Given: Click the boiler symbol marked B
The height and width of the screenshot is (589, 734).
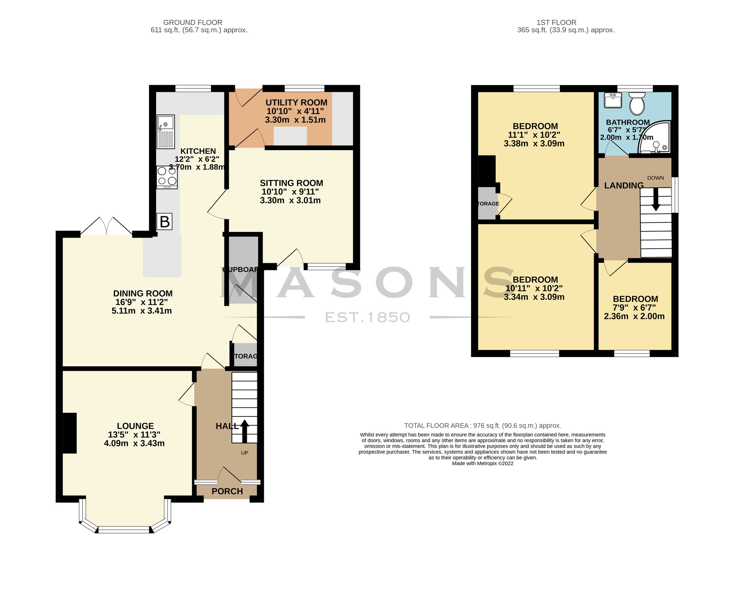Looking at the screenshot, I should coord(164,222).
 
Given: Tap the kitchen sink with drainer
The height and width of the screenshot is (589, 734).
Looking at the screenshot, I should coord(165,132).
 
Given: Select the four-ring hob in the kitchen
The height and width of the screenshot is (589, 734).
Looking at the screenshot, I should coord(167,177).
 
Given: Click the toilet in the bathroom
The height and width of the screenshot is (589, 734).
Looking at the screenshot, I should coord(637,105).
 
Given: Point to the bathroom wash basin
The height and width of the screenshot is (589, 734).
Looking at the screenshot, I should coord(613,100).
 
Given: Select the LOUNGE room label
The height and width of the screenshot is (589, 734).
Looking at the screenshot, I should coord(135,426).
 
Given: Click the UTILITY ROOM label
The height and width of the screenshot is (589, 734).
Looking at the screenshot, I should coord(296,102).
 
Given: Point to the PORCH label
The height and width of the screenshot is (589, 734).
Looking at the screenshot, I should coord(227,491).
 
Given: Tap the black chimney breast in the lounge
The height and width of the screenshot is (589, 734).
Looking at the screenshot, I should coord(69,433).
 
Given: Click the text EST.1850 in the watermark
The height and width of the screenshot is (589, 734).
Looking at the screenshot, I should coord(367,317).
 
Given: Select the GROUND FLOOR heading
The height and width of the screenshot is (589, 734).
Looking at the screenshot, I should coord(193,23).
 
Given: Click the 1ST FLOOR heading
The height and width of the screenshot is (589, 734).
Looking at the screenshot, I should coord(556,23).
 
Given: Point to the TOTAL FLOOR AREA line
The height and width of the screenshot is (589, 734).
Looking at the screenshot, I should coord(482,425).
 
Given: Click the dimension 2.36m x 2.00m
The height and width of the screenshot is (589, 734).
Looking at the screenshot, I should coord(634,316).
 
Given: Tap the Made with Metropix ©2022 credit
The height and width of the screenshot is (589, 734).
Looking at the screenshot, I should coord(482,463).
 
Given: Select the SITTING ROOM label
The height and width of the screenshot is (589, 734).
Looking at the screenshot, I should coord(291,183).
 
